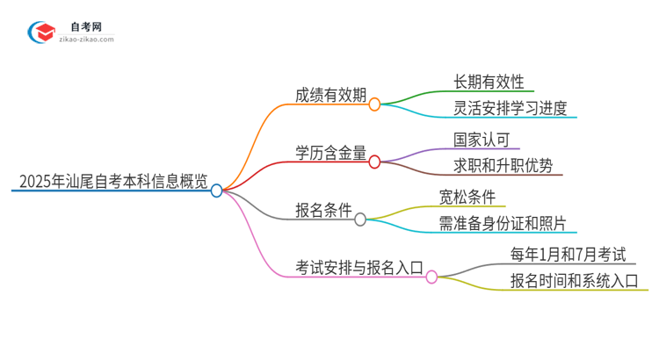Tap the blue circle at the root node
[x=217, y=190]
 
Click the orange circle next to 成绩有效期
[x=374, y=104]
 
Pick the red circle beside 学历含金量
[x=374, y=162]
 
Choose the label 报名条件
[x=324, y=211]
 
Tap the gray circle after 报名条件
[x=360, y=220]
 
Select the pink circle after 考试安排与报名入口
[x=431, y=277]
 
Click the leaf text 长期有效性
[x=489, y=82]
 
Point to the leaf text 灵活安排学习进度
[x=511, y=109]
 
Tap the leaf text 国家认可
[x=482, y=139]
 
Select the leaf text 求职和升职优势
[x=503, y=166]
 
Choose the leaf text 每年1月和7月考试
[x=568, y=254]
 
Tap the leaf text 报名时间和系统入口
[x=575, y=281]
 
